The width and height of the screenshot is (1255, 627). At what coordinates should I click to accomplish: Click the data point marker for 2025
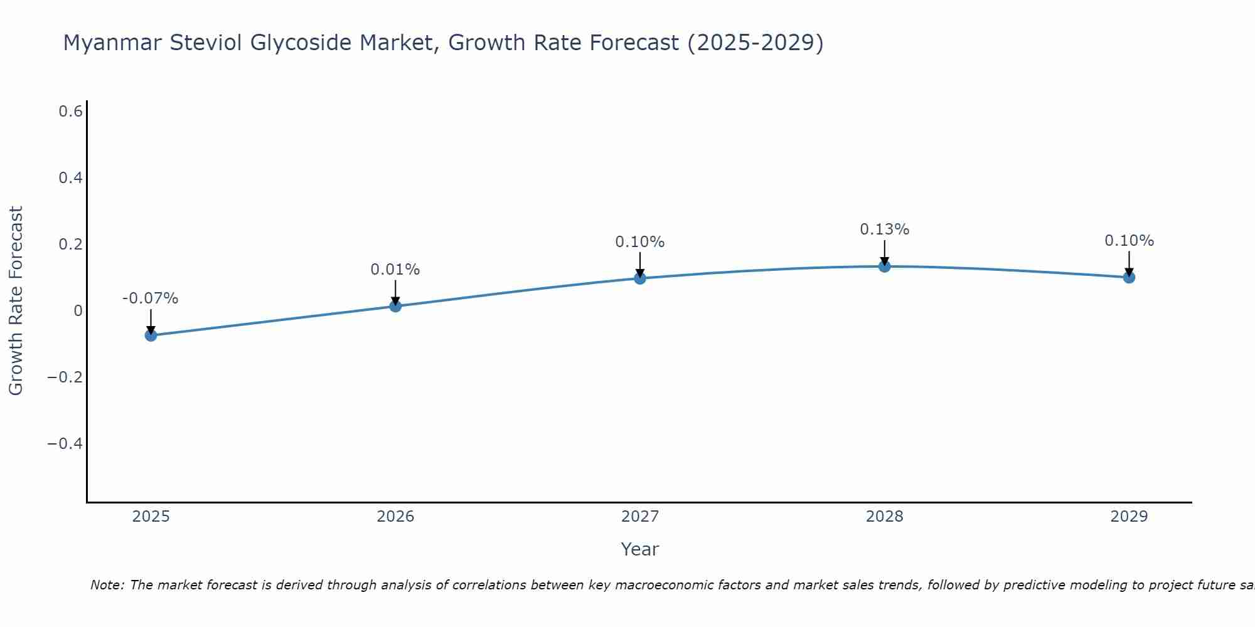coord(151,335)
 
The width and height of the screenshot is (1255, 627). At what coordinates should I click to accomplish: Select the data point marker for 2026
coord(395,306)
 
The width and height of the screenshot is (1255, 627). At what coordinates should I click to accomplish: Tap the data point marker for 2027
coord(640,278)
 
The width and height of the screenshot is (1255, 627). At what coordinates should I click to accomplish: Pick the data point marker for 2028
coord(885,266)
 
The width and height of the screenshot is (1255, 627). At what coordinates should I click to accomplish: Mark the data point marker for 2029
coord(1129,277)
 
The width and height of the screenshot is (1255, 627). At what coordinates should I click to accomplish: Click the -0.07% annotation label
coord(150,298)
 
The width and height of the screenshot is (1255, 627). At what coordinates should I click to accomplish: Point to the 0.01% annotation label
coord(395,270)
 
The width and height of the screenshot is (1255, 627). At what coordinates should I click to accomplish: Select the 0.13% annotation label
coord(884,229)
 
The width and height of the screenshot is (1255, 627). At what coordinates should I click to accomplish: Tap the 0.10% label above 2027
coord(639,242)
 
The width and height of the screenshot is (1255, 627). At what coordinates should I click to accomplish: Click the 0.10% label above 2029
coord(1129,241)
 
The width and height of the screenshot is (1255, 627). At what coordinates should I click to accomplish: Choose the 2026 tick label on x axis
coord(395,517)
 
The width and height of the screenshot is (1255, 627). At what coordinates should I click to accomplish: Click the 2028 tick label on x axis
coord(885,517)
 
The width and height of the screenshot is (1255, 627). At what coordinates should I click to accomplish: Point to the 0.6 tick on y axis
coord(70,112)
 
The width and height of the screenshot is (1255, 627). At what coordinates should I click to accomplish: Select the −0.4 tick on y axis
coord(65,444)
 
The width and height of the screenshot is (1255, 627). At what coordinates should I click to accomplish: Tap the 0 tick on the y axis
coord(78,311)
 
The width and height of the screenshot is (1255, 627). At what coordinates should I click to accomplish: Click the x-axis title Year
coord(639,549)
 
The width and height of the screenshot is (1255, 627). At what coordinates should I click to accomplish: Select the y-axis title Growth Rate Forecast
coord(16,301)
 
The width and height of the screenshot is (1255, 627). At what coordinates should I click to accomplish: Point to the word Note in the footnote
coord(106,585)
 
